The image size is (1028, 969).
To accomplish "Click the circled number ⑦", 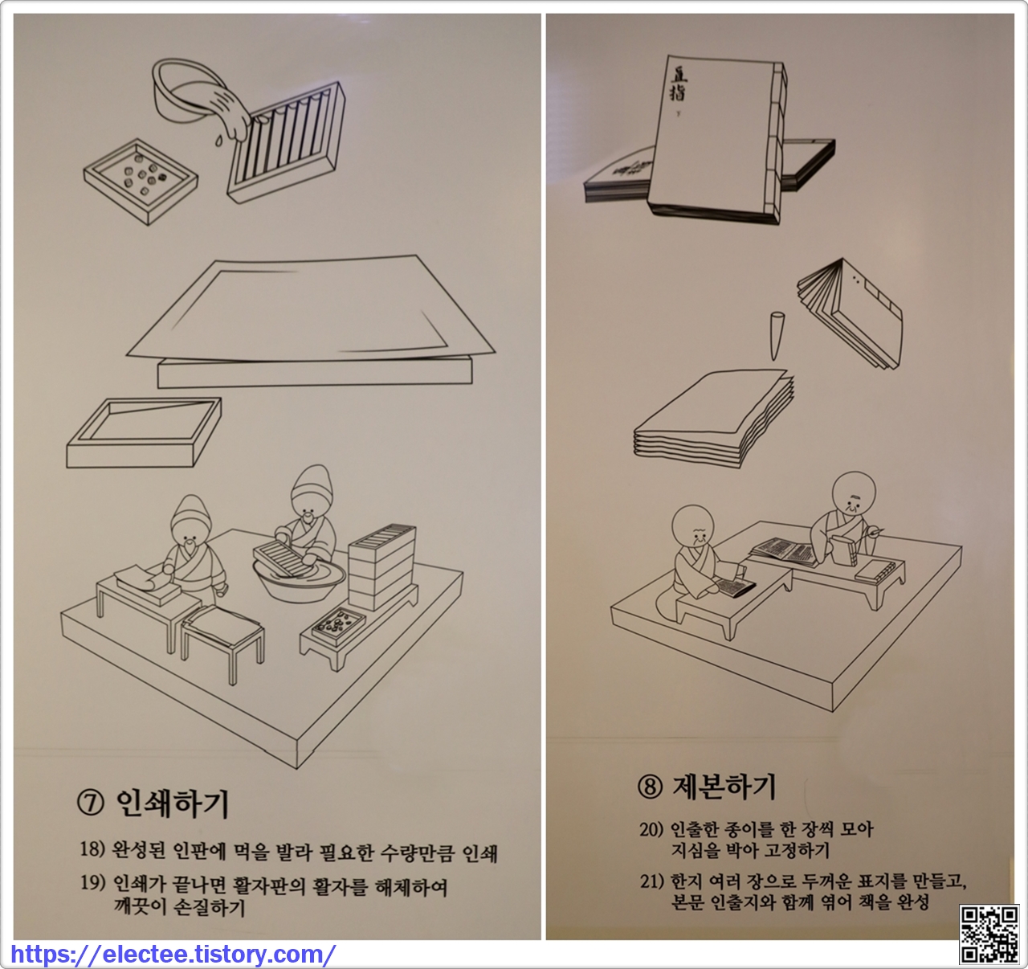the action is (x=90, y=804).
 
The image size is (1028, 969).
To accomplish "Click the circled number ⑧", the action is (x=651, y=787).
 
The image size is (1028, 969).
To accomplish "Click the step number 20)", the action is (x=651, y=830).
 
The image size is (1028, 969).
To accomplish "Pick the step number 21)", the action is (x=651, y=881).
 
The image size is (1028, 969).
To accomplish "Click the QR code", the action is (x=989, y=934).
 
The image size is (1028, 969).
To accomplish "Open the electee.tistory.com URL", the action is (x=173, y=954).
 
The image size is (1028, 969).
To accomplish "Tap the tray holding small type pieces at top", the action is (x=141, y=181).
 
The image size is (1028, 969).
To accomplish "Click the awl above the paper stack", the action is (x=777, y=336).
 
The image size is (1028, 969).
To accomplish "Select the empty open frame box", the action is (x=144, y=432).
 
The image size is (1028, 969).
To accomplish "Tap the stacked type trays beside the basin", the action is (x=382, y=567).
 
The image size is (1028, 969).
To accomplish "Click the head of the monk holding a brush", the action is (x=854, y=494).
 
